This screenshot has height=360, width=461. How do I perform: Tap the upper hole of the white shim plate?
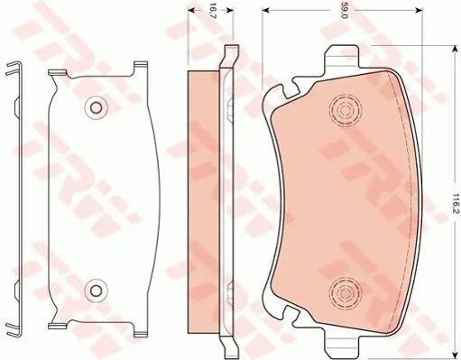pos(96,107)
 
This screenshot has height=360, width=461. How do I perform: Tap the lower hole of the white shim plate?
pos(96,290)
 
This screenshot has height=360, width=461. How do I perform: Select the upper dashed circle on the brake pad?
pos(346,110)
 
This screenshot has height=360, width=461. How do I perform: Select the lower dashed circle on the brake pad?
pos(346,291)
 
